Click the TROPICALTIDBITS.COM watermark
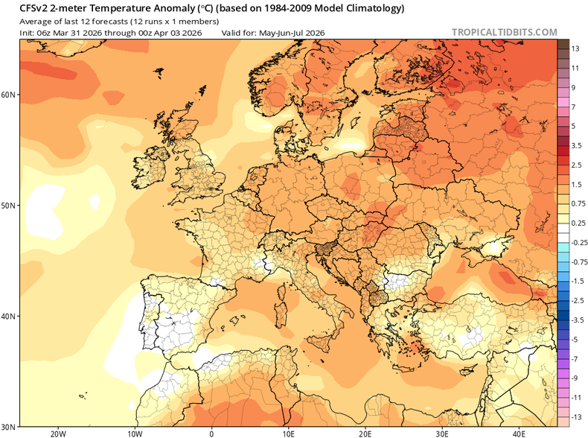click(x=503, y=32)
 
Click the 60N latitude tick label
click(x=10, y=95)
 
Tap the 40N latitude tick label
click(x=10, y=316)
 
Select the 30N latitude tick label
click(x=10, y=427)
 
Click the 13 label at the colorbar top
click(x=575, y=48)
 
